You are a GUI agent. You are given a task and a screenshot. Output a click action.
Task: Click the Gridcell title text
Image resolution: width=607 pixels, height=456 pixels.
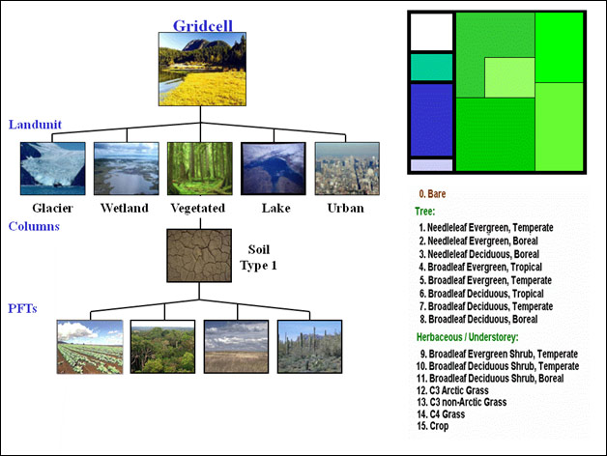(x=202, y=25)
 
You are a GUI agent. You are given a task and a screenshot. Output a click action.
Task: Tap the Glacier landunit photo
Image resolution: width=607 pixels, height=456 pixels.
(x=52, y=168)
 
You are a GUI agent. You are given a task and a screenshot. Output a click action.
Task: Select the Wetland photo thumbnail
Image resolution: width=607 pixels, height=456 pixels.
(x=127, y=168)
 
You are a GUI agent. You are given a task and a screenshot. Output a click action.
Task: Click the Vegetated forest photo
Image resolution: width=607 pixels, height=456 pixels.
(x=200, y=168)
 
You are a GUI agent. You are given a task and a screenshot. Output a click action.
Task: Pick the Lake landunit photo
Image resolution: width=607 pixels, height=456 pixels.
(x=274, y=168)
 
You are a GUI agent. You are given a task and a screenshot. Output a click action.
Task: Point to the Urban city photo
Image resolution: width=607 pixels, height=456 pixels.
(x=347, y=168)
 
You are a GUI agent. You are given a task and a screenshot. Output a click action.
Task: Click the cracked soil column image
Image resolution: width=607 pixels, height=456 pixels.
(x=199, y=255)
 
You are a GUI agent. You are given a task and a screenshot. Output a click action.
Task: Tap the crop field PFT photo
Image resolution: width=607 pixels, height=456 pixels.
(x=90, y=347)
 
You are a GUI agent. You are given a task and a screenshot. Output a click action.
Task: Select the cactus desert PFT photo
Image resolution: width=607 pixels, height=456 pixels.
(x=309, y=347)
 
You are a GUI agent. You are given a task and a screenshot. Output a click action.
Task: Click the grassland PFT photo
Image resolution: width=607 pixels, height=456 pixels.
(x=236, y=347)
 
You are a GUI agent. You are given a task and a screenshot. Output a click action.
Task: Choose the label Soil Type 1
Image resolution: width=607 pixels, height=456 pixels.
(x=258, y=257)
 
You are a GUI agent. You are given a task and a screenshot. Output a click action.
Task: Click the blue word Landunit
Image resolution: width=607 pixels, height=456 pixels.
(x=35, y=125)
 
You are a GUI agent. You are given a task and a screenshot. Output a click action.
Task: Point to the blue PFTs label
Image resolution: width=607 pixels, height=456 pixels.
(x=22, y=308)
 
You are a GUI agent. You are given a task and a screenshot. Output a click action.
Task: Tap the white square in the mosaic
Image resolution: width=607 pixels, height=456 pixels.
(x=431, y=32)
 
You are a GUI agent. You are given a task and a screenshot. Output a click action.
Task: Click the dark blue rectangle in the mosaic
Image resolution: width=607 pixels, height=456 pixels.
(x=431, y=120)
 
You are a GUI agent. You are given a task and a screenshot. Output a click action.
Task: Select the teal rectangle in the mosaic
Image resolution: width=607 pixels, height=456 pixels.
(x=431, y=68)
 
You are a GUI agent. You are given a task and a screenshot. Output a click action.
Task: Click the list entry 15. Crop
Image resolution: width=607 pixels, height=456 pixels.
(x=433, y=426)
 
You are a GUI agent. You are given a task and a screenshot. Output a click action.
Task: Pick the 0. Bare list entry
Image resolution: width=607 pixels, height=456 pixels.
(x=432, y=194)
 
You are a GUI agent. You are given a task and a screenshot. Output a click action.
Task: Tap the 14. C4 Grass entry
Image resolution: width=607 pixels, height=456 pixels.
(x=441, y=414)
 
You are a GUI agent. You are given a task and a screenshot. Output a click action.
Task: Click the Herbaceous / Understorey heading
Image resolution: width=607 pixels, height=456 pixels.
(x=467, y=337)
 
